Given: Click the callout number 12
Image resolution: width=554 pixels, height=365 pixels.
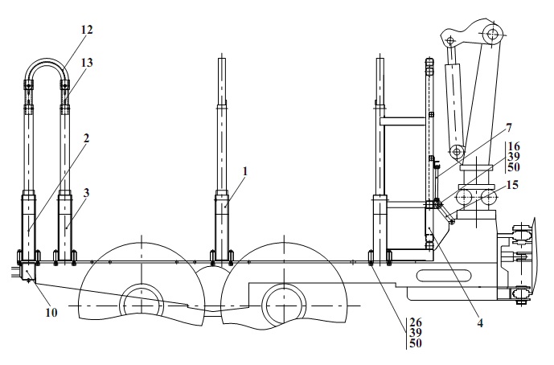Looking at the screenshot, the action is (87, 29).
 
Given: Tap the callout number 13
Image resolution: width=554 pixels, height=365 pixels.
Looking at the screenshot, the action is (87, 63).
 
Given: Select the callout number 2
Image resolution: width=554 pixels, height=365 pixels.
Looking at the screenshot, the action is (86, 138).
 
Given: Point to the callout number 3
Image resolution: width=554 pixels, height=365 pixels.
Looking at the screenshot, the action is (86, 193).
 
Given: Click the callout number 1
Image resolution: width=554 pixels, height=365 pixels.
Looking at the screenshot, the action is (245, 171).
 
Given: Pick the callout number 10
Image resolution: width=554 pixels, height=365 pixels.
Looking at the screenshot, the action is (51, 313).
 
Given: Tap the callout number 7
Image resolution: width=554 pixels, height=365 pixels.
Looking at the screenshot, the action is (508, 128).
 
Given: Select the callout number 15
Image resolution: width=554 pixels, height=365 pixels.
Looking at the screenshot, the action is (512, 184).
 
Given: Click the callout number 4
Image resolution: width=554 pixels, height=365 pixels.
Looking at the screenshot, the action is (480, 322).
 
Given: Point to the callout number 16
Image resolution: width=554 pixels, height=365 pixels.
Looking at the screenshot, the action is (514, 146).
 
